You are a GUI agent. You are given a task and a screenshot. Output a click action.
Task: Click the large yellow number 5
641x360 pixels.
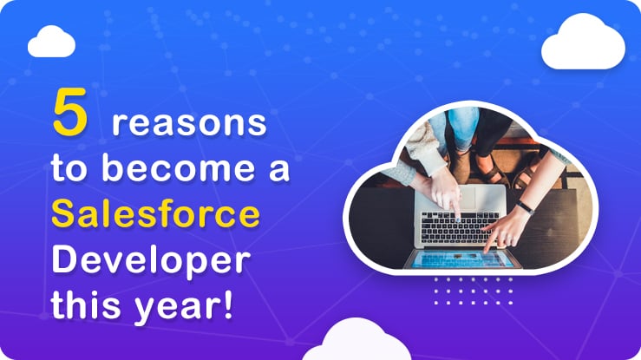click(x=70, y=112)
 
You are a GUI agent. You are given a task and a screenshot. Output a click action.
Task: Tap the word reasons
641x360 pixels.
click(x=189, y=123)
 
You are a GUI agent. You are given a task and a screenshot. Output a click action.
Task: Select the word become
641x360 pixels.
click(x=178, y=167)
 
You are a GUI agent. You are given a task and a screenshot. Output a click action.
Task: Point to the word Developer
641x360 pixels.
click(x=151, y=261)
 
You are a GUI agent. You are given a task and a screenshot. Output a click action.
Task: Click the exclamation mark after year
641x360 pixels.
click(x=227, y=304)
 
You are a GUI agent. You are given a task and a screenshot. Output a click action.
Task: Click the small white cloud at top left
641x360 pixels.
click(x=51, y=42)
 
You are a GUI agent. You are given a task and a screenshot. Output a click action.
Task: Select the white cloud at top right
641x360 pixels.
click(x=584, y=42)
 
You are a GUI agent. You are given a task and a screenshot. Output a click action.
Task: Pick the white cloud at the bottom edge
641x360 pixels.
click(x=356, y=340)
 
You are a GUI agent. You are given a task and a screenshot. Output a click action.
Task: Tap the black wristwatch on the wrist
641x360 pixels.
click(x=526, y=207)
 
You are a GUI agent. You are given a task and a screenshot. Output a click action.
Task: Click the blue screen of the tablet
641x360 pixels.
click(x=462, y=259)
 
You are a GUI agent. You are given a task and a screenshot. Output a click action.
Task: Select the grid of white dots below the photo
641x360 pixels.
click(x=474, y=291)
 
